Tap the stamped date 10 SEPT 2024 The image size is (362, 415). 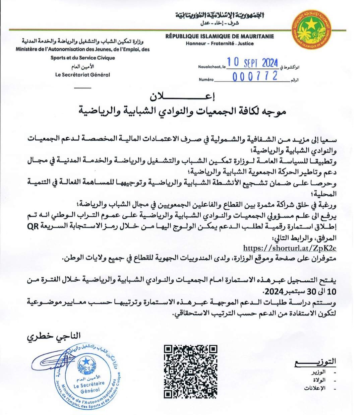click(252, 63)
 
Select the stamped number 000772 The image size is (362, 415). click(255, 76)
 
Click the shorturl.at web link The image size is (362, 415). click(290, 248)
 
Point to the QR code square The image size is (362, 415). click(190, 371)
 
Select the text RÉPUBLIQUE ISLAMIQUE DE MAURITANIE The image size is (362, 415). click(220, 36)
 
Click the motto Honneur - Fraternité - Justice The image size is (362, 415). click(220, 44)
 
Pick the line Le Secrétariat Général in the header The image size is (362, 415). click(82, 75)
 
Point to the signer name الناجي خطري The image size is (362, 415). click(54, 336)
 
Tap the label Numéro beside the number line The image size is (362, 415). click(206, 79)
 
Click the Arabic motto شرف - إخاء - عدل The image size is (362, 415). click(220, 23)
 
